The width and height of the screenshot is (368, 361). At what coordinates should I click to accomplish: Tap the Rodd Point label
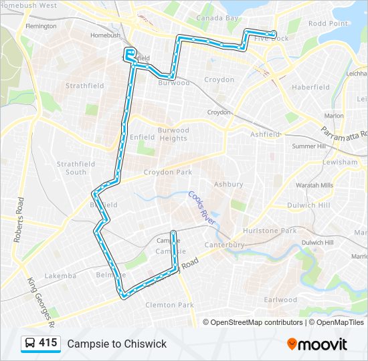coord(327,23)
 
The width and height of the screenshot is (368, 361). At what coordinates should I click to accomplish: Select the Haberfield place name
coord(310,87)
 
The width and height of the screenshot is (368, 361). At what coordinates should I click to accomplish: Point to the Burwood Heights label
coord(173,134)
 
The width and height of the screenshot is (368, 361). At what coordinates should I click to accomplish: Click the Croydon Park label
coord(163,172)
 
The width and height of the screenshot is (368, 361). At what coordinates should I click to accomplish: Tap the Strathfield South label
coord(76,168)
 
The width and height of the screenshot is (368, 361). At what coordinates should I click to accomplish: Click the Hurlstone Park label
coord(288,231)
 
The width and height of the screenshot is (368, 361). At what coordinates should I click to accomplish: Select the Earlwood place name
coord(280,299)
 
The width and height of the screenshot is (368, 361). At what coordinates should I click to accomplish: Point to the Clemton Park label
coord(169,305)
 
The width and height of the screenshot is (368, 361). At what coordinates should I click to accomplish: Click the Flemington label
coord(41,26)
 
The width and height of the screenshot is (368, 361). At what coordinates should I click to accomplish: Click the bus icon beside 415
coord(30,344)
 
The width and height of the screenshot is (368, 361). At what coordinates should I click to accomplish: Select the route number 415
coord(48,343)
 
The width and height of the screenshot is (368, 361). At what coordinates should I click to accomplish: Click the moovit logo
coord(317,344)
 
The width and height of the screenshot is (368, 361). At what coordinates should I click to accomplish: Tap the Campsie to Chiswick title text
coord(116,344)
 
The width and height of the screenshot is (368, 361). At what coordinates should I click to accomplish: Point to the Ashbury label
coord(223,184)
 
